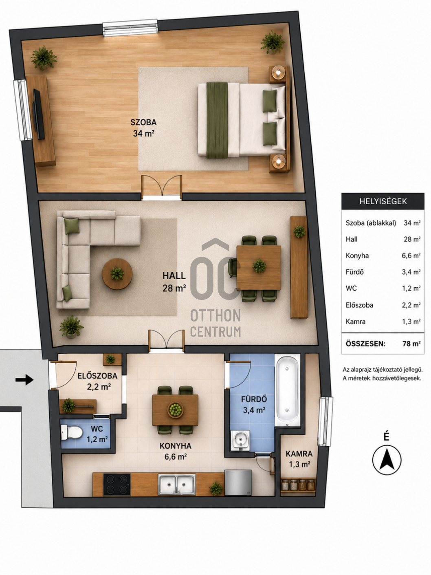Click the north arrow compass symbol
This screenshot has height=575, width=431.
pos(387,460)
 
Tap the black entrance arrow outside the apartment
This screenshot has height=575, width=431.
pos(24,379)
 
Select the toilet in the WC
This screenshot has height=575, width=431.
pos(71,432)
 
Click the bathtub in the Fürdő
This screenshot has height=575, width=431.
pos(287,390)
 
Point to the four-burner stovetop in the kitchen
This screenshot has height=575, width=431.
pos(117,485)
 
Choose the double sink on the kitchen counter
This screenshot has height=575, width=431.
pos(177,485)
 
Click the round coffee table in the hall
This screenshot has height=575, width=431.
pos(117,274)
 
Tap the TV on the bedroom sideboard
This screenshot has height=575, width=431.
pos(38,114)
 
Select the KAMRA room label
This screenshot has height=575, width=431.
pos(299,454)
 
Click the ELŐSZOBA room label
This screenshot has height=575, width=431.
pos(97,376)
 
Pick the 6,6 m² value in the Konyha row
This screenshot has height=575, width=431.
pos(411,256)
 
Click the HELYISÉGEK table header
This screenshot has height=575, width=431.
pos(383,201)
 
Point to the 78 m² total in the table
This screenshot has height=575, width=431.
pos(411,344)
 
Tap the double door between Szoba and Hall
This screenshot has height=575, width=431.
pos(162,187)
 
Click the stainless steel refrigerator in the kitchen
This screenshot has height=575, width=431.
pos(238,482)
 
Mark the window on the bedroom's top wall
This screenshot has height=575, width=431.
pos(130,27)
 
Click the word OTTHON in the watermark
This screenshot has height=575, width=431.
pos(215,315)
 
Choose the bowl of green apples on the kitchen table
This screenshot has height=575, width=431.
pos(175,410)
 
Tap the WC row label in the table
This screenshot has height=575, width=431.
pos(351,288)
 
